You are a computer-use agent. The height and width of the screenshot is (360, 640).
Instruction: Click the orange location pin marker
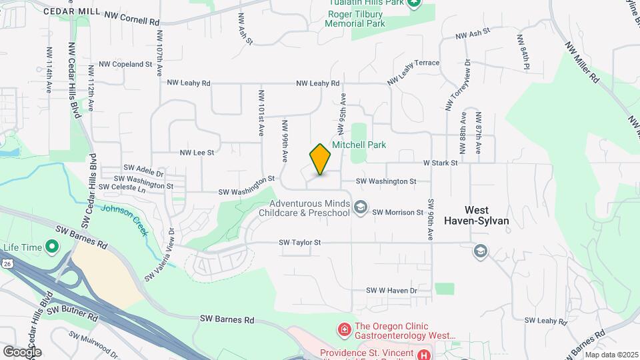click(321, 159)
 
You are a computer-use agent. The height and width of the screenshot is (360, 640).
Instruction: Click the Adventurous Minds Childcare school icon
click(361, 207)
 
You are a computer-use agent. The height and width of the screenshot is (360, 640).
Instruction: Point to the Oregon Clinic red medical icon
click(344, 329)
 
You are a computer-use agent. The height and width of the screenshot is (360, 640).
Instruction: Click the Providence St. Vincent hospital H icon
click(424, 354)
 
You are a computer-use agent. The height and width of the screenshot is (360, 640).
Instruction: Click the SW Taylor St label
click(300, 243)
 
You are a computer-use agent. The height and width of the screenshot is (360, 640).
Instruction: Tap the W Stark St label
click(439, 163)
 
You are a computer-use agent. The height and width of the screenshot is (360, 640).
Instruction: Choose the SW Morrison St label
click(398, 212)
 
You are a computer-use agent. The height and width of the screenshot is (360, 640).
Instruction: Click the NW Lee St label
click(197, 153)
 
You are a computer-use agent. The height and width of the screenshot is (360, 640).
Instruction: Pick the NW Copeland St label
click(125, 64)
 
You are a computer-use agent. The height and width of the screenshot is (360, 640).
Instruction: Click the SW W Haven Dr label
click(391, 291)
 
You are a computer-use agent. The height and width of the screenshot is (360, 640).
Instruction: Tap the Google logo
click(22, 351)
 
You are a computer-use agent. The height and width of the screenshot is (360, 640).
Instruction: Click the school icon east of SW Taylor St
click(480, 251)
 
